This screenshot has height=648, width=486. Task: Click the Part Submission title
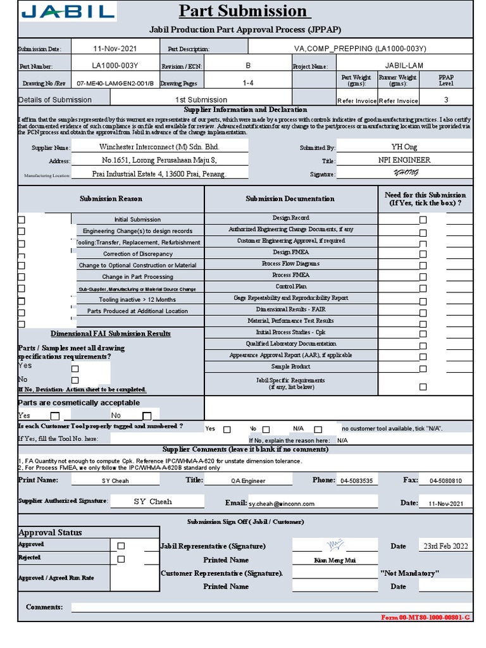point(242,11)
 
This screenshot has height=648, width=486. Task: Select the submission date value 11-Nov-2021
point(115,48)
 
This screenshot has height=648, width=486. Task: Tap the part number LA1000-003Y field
point(115,65)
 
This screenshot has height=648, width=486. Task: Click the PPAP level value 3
point(445,99)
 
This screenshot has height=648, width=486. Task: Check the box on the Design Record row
point(423,220)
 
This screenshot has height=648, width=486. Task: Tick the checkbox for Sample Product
point(423,368)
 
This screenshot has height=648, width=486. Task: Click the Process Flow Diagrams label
point(290,263)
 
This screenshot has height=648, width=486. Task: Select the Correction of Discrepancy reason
point(139,254)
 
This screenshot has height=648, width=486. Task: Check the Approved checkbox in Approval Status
point(121,545)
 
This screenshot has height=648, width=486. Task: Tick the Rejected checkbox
point(121,559)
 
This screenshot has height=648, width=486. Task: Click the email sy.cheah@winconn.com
point(281,504)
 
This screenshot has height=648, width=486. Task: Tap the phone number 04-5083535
point(356,481)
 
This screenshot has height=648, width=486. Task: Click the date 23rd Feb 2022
point(445,545)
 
